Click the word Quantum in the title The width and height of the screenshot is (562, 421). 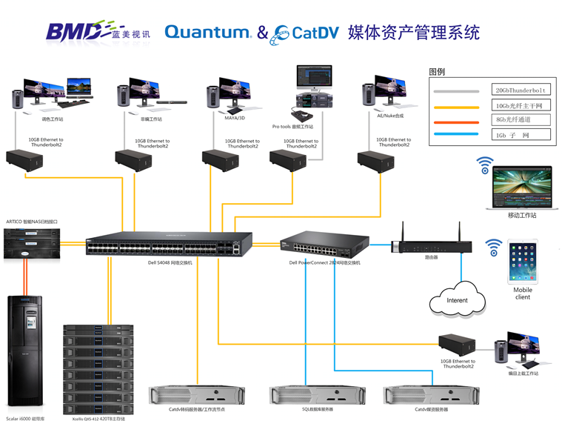click(x=207, y=32)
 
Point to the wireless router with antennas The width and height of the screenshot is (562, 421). click(x=430, y=245)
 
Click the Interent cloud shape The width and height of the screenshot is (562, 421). click(x=457, y=299)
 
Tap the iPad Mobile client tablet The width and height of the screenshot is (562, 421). click(x=523, y=260)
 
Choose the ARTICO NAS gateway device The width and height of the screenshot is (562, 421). click(x=33, y=243)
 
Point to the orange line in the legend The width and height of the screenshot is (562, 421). click(x=460, y=120)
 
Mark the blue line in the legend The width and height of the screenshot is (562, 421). click(x=460, y=135)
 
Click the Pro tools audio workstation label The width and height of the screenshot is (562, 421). click(x=292, y=127)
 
